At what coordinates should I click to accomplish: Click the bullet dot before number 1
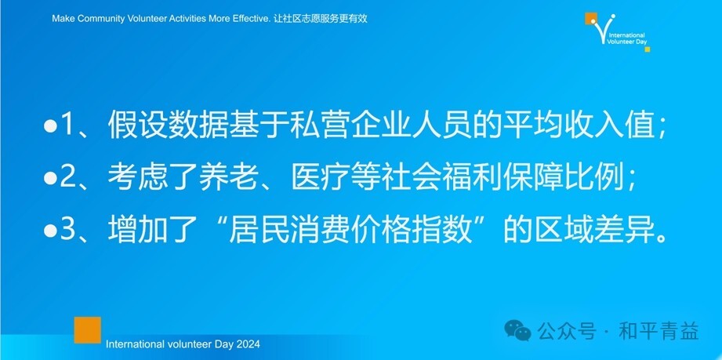click(x=49, y=126)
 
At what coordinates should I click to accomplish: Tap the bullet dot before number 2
click(x=49, y=178)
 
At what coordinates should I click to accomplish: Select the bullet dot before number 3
click(x=49, y=231)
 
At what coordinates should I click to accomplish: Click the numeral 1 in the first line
click(x=67, y=125)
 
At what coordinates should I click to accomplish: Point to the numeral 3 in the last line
click(x=67, y=230)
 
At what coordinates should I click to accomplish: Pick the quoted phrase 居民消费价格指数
click(x=351, y=230)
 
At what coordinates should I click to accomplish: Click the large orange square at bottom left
click(x=88, y=329)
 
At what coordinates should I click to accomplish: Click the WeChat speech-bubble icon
click(x=517, y=330)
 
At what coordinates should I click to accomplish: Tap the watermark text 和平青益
click(x=659, y=331)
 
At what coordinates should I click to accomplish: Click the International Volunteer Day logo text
click(x=627, y=38)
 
